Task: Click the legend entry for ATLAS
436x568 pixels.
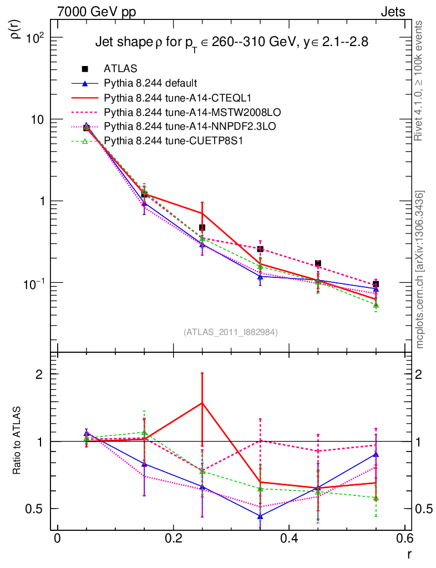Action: pos(120,69)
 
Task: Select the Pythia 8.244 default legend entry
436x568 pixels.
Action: pos(150,83)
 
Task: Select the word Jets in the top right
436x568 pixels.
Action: pos(392,11)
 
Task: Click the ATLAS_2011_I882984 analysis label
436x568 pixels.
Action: pos(230,332)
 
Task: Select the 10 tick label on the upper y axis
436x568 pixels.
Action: pos(37,119)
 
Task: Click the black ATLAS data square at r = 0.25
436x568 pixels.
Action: pos(202,227)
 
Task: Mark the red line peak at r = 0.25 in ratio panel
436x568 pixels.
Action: pos(202,403)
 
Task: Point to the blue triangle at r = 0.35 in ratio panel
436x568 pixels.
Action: pos(260,516)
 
